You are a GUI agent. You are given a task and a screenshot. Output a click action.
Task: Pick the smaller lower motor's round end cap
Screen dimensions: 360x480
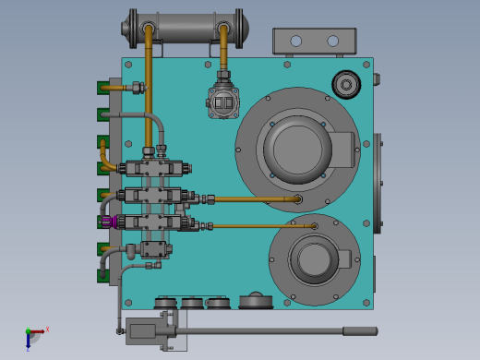click(x=316, y=258)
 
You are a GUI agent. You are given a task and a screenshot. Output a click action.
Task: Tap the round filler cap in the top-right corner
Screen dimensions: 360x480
click(x=346, y=85)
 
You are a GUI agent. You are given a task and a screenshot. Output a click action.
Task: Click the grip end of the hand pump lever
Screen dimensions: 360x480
click(x=360, y=330)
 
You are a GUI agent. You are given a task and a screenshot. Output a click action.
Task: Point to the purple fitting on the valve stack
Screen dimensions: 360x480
click(x=109, y=222)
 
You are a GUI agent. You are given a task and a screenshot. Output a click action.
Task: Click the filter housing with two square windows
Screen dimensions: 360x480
click(x=222, y=103)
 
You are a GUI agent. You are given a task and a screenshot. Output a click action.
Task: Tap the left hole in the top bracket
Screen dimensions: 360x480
click(x=295, y=42)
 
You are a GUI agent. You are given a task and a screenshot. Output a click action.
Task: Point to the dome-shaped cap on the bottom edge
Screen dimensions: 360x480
click(x=255, y=301)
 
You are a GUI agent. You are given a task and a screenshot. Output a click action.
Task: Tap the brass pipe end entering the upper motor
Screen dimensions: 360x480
click(x=297, y=198)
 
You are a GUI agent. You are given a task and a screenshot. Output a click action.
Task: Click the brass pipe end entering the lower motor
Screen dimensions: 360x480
click(x=315, y=226)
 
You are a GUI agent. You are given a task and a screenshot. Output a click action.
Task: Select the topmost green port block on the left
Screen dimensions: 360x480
click(x=102, y=89)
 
